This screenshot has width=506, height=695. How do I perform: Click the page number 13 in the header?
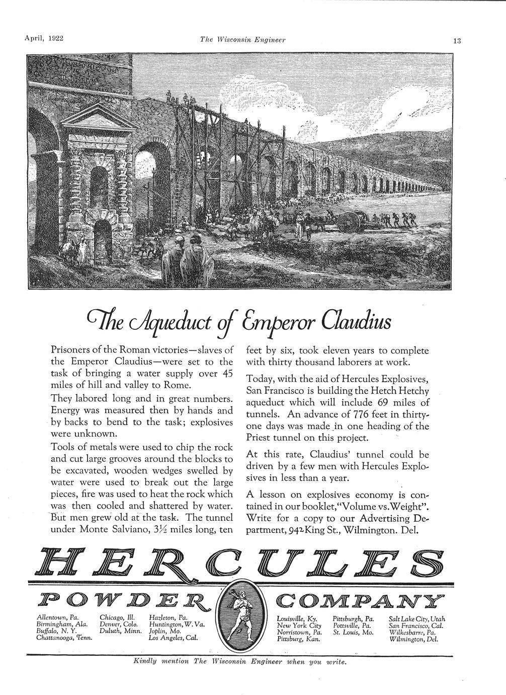coord(457,41)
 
